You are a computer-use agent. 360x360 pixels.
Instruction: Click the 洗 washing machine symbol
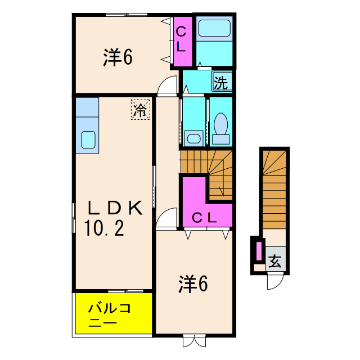click(221, 83)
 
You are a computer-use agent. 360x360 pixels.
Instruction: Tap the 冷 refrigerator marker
click(141, 109)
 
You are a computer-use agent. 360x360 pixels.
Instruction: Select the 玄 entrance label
click(275, 261)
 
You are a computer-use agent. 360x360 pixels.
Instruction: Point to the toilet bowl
click(220, 125)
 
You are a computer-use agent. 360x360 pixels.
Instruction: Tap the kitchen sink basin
click(88, 139)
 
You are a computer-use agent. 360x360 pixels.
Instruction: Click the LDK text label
click(113, 208)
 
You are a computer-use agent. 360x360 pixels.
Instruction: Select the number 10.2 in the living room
click(105, 228)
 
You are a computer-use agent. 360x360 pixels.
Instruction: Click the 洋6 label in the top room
click(118, 57)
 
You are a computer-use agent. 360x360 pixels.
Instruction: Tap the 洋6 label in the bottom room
click(193, 285)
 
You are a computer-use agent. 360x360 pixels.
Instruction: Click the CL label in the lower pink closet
click(204, 217)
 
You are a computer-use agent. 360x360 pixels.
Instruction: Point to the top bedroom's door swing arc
click(167, 86)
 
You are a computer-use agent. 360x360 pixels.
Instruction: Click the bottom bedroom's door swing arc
click(166, 218)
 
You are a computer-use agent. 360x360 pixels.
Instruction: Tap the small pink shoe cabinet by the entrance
click(259, 250)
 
